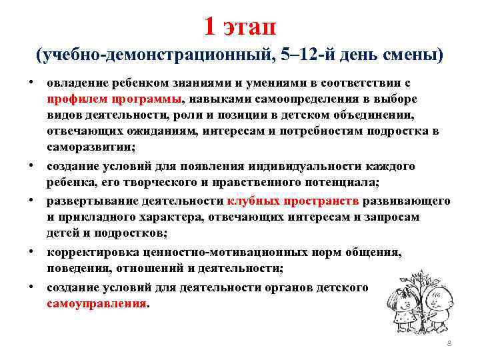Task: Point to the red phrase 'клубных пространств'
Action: (x=293, y=201)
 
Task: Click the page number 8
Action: (x=449, y=342)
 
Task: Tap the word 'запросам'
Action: (x=413, y=217)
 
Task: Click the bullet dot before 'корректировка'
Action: (x=31, y=253)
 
